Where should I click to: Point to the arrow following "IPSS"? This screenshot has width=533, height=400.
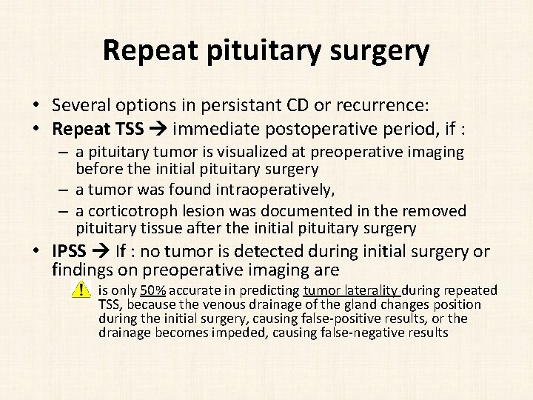(101, 252)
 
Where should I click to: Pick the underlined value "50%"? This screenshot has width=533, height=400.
(155, 290)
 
